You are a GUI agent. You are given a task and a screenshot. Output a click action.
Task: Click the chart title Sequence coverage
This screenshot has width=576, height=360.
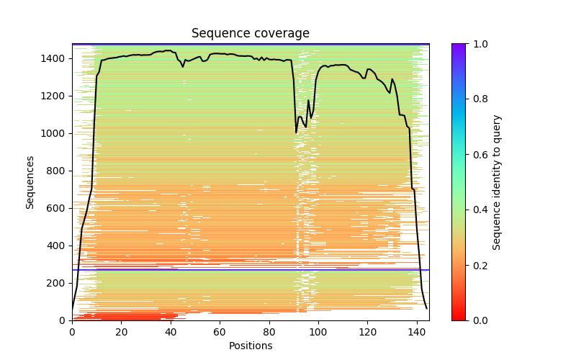(x=250, y=34)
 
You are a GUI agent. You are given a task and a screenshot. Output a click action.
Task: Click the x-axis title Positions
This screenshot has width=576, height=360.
(x=250, y=346)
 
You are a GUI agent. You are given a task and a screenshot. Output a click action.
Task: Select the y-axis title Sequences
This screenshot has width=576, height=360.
(x=30, y=182)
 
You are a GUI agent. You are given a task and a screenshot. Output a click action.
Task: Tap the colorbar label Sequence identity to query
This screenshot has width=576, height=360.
(x=497, y=182)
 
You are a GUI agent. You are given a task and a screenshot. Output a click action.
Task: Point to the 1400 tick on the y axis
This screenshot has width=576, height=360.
(x=57, y=58)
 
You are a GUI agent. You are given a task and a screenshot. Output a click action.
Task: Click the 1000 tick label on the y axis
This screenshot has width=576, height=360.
(x=57, y=133)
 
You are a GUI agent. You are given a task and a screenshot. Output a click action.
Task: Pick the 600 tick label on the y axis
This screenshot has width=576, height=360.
(x=60, y=208)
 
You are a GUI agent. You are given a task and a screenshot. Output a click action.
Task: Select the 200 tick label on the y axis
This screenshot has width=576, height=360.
(x=60, y=283)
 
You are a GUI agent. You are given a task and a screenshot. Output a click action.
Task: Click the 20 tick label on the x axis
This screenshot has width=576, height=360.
(x=121, y=331)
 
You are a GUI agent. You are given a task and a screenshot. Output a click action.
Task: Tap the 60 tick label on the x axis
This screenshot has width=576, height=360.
(x=220, y=331)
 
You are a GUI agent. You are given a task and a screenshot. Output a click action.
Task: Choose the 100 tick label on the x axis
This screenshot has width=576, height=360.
(x=318, y=331)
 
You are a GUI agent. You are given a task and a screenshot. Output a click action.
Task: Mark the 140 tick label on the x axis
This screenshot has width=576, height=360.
(x=417, y=331)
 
